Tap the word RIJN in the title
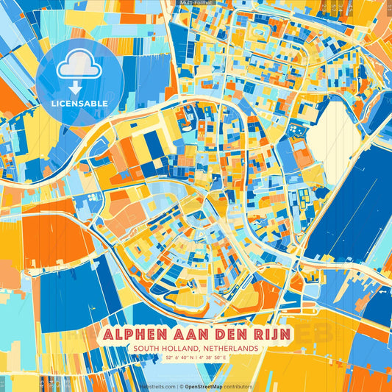point(273,334)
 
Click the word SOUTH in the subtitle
point(142,348)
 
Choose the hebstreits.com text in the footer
point(157,386)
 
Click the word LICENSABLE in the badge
point(79,104)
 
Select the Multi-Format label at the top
point(195,3)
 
